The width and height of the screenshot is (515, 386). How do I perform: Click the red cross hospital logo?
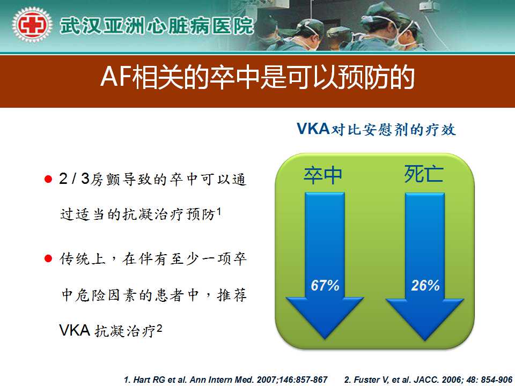point(32,25)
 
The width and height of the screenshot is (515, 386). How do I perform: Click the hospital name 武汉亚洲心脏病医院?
point(157,26)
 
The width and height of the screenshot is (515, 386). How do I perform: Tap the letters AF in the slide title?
point(116,77)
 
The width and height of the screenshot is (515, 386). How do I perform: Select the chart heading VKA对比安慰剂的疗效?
point(377,129)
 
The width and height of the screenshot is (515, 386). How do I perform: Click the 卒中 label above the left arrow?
point(323,175)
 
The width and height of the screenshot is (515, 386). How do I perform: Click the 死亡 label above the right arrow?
point(424,174)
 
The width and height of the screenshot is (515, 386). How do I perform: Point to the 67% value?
point(325,286)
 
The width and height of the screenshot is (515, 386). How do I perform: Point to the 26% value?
point(425,286)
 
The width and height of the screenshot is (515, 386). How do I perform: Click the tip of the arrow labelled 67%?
point(325,339)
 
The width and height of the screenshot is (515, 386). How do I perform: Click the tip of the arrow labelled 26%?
point(425,340)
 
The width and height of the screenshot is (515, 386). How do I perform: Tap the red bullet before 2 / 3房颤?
point(48,179)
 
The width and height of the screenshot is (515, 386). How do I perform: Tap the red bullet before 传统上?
point(48,258)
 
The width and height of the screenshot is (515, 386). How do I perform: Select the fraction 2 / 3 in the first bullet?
point(74,179)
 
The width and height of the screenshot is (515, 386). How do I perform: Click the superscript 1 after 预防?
point(219,211)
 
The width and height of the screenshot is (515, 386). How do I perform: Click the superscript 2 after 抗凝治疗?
point(159,329)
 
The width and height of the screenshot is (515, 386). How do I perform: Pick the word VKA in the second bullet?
point(75,331)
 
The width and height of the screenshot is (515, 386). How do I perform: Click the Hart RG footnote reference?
point(226,380)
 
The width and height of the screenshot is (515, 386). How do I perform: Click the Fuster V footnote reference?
point(428,380)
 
